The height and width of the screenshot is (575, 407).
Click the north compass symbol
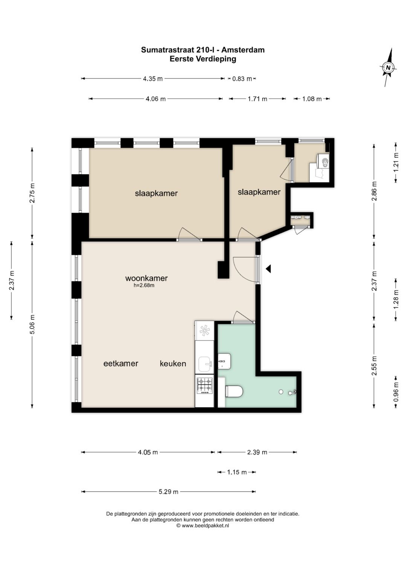click(388, 67)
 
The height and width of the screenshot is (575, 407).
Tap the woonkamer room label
click(146, 278)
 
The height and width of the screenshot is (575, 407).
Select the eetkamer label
click(121, 363)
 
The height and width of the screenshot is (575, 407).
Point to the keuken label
click(173, 363)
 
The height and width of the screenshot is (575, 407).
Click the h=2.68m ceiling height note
click(144, 285)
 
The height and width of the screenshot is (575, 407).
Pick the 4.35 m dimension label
click(153, 79)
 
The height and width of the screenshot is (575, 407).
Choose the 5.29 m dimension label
click(168, 491)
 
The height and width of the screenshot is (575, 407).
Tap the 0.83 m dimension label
click(242, 79)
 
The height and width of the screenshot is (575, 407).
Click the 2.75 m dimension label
click(32, 193)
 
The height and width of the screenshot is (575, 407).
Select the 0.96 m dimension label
click(396, 392)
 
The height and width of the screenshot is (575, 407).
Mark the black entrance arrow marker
click(268, 269)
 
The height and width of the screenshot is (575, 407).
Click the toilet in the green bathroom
click(234, 392)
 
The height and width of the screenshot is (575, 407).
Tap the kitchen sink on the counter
click(205, 365)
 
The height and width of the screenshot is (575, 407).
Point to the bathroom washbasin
click(224, 360)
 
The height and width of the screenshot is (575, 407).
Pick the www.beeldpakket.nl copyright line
click(203, 525)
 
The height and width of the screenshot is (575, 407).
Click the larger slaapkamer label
click(156, 193)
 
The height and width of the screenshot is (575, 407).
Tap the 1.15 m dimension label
click(237, 472)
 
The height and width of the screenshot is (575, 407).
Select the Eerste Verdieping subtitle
click(203, 59)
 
